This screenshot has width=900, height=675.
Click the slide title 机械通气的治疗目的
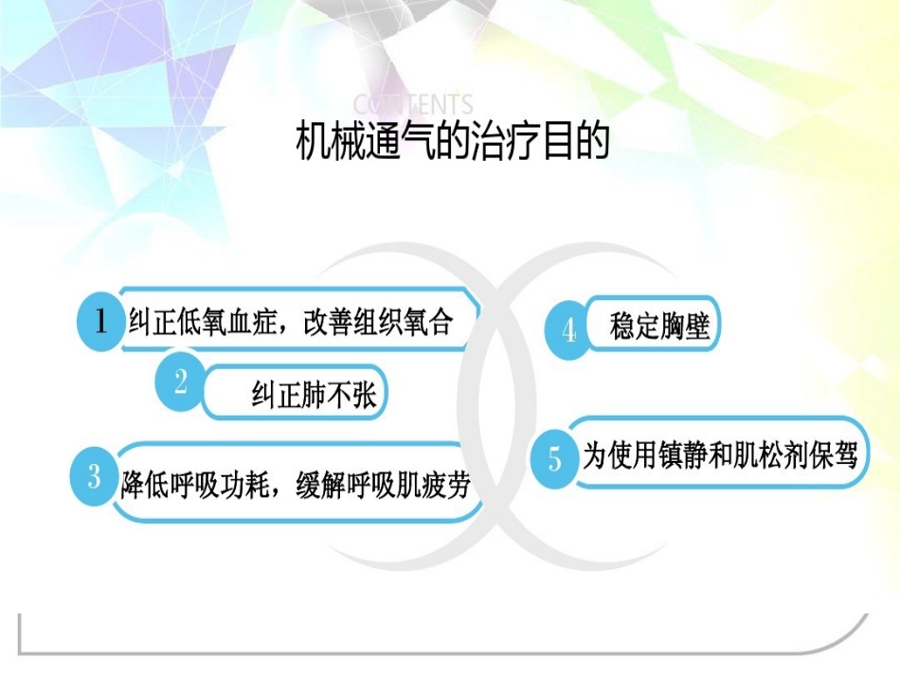coord(452,143)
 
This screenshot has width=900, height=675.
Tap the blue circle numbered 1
coord(100,323)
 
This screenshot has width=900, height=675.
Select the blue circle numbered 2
coord(180,382)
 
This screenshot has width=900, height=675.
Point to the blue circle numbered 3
coord(95,476)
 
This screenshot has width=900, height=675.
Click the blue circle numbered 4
coord(568,330)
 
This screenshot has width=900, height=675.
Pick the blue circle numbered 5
coord(555,459)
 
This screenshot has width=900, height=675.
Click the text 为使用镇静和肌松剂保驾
coord(719,456)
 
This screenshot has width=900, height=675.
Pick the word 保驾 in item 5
coord(834,456)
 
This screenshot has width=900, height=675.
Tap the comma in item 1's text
coord(289,327)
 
